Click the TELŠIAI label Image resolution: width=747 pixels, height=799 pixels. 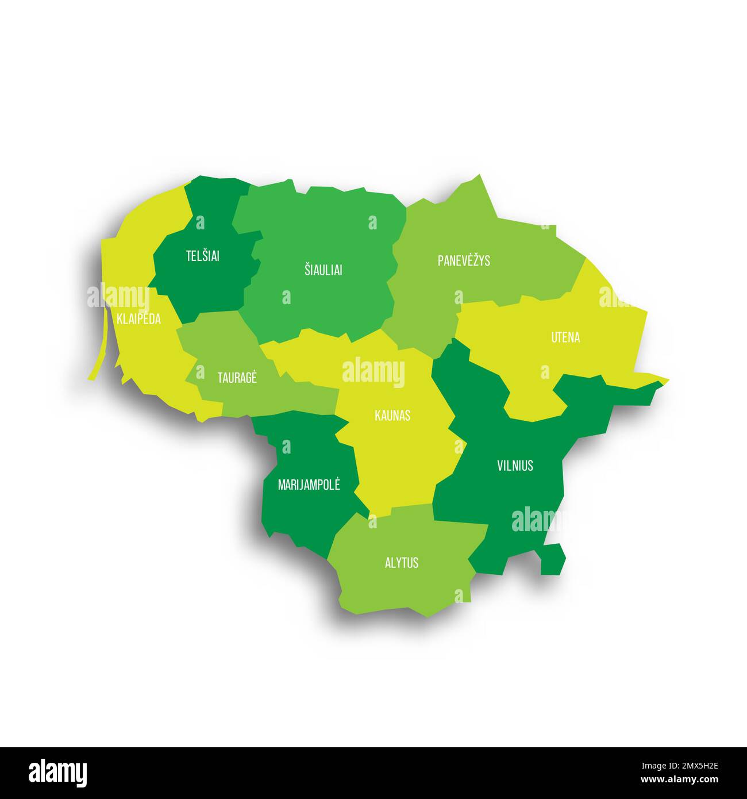[x=202, y=256]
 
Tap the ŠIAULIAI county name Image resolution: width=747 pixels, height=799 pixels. [x=323, y=270]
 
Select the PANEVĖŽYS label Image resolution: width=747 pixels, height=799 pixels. [x=464, y=260]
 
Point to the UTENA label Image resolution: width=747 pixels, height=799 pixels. [x=565, y=337]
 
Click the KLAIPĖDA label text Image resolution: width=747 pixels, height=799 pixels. [x=138, y=319]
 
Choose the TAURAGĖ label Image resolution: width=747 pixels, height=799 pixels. [x=237, y=378]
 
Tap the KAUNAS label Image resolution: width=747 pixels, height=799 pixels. [x=392, y=415]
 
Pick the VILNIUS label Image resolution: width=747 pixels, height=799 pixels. [x=515, y=465]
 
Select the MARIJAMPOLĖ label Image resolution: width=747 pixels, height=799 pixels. [x=309, y=485]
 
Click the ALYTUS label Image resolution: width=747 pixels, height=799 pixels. [x=402, y=562]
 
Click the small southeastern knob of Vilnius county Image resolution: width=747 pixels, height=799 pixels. [x=553, y=558]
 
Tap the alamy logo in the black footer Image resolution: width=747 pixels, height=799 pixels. [x=57, y=773]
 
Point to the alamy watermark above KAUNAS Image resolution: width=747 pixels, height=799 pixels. [x=373, y=372]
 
